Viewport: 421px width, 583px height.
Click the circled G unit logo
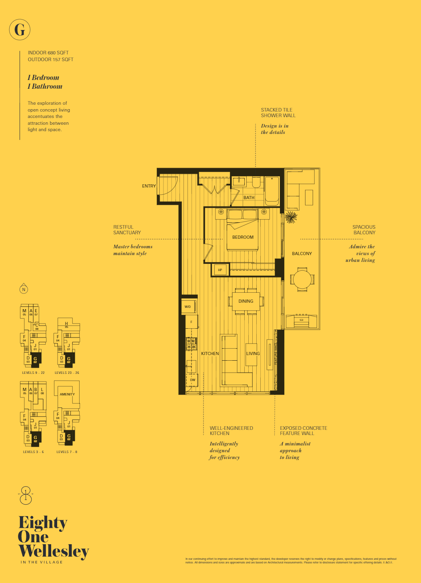pyautogui.click(x=20, y=30)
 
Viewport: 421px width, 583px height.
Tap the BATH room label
pyautogui.click(x=249, y=198)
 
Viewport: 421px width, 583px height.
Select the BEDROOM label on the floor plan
pyautogui.click(x=243, y=237)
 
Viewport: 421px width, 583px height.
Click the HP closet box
pyautogui.click(x=220, y=270)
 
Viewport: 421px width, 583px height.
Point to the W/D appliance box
pyautogui.click(x=188, y=307)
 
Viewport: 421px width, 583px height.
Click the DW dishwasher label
pyautogui.click(x=193, y=380)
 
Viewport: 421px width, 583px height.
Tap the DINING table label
pyautogui.click(x=246, y=301)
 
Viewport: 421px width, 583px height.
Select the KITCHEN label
pyautogui.click(x=210, y=353)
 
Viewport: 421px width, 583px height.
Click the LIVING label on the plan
pyautogui.click(x=253, y=353)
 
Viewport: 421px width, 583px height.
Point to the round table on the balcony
pyautogui.click(x=302, y=280)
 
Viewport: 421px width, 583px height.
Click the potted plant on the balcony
pyautogui.click(x=291, y=218)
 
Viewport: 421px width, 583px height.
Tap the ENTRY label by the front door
pyautogui.click(x=149, y=186)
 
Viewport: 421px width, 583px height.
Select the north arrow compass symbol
pyautogui.click(x=24, y=289)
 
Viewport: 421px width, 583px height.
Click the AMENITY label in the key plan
pyautogui.click(x=67, y=394)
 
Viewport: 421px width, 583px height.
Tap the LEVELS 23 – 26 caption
pyautogui.click(x=67, y=373)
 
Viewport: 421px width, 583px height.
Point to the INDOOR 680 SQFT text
pyautogui.click(x=48, y=53)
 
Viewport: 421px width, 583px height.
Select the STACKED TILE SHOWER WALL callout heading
pyautogui.click(x=278, y=113)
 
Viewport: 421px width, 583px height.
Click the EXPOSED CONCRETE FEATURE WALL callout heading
pyautogui.click(x=303, y=431)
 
